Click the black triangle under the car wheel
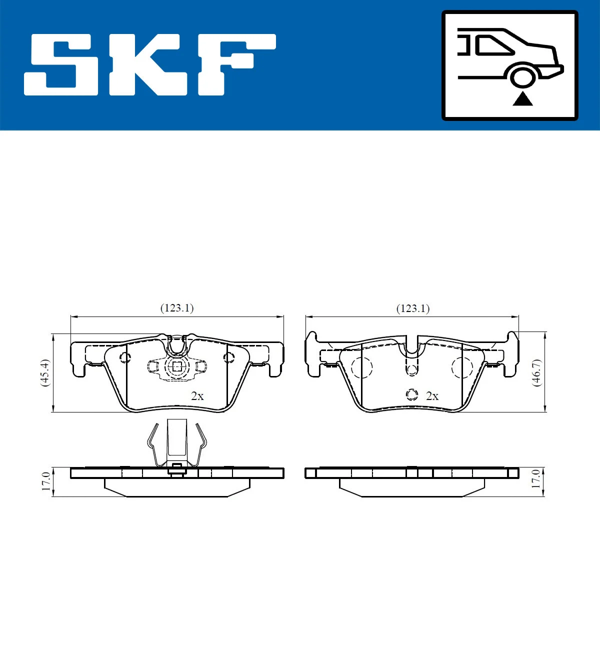click(522, 99)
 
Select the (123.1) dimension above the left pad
click(176, 308)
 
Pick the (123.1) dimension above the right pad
click(413, 308)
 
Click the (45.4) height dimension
click(45, 372)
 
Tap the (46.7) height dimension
click(536, 372)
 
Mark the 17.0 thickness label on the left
click(46, 481)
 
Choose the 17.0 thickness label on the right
click(536, 479)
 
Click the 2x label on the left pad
click(197, 396)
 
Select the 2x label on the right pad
click(432, 396)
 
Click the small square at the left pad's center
click(176, 366)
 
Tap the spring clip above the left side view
click(177, 442)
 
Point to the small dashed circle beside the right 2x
click(411, 395)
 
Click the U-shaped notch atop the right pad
click(411, 345)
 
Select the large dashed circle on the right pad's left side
click(362, 367)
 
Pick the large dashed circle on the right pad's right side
click(462, 367)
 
